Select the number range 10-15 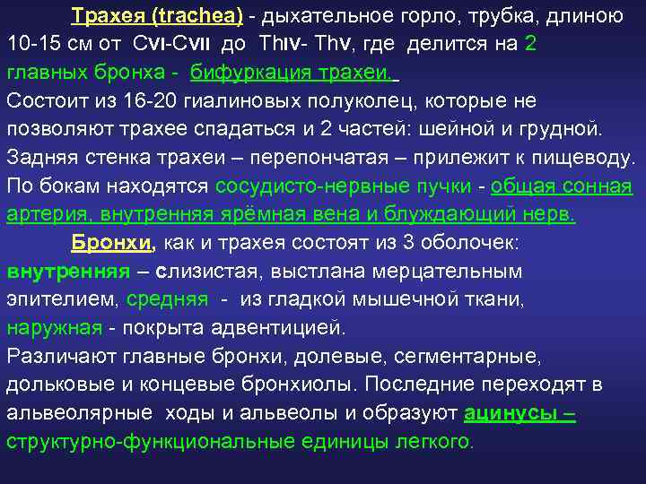tap(33, 44)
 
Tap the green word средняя tap(167, 300)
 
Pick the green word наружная tap(54, 329)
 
